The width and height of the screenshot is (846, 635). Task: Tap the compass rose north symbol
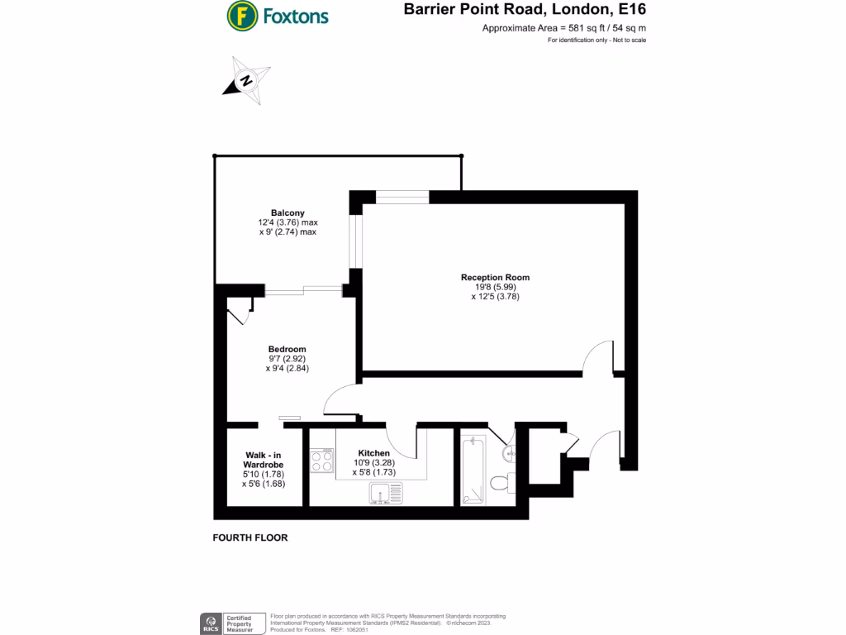pyautogui.click(x=246, y=80)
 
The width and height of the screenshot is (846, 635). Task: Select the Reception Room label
pyautogui.click(x=495, y=278)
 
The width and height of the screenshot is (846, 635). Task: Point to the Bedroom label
pyautogui.click(x=287, y=349)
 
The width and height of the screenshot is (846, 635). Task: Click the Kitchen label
pyautogui.click(x=374, y=453)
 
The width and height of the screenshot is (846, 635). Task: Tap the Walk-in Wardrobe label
pyautogui.click(x=264, y=460)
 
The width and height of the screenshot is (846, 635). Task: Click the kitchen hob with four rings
pyautogui.click(x=321, y=460)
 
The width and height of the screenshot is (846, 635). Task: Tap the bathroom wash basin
pyautogui.click(x=508, y=451)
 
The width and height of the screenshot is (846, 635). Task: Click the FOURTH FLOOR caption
pyautogui.click(x=250, y=537)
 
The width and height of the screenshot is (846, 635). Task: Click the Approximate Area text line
pyautogui.click(x=563, y=28)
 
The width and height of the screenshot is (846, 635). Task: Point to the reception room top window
pyautogui.click(x=402, y=197)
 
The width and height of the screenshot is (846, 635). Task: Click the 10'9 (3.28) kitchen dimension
pyautogui.click(x=374, y=462)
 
